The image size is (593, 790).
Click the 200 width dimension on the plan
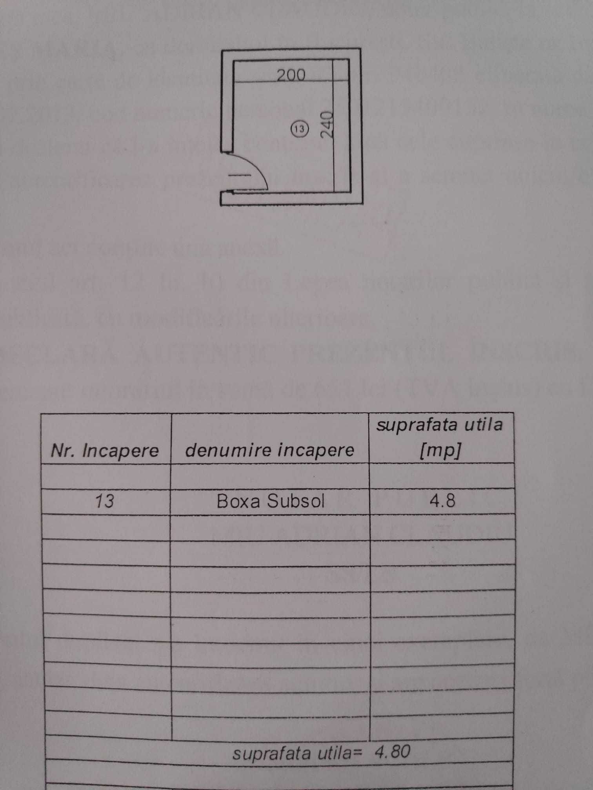[x=291, y=74]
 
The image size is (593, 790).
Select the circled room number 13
[x=300, y=129]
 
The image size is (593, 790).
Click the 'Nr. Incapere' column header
[x=105, y=451]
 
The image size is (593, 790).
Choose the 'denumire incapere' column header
[x=269, y=450]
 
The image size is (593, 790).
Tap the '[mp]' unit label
[x=440, y=451]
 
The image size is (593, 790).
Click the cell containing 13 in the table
[x=105, y=501]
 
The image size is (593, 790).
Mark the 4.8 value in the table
[x=442, y=501]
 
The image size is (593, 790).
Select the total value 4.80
[x=393, y=752]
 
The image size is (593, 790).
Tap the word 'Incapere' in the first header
[x=120, y=451]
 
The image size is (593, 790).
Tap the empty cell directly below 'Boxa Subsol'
[x=270, y=527]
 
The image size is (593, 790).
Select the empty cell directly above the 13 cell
[x=106, y=476]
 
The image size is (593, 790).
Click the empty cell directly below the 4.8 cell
[x=442, y=527]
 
